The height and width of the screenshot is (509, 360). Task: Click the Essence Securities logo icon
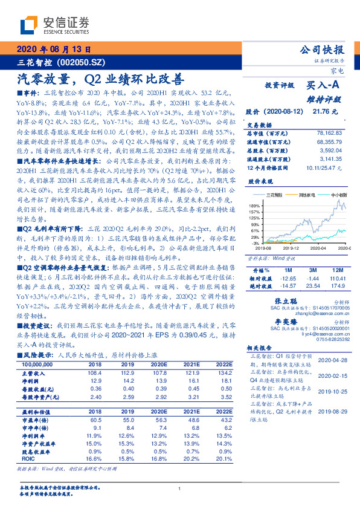tap(29, 25)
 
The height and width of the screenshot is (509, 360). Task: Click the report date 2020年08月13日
tap(53, 50)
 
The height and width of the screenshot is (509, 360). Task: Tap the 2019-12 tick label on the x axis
tap(292, 248)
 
